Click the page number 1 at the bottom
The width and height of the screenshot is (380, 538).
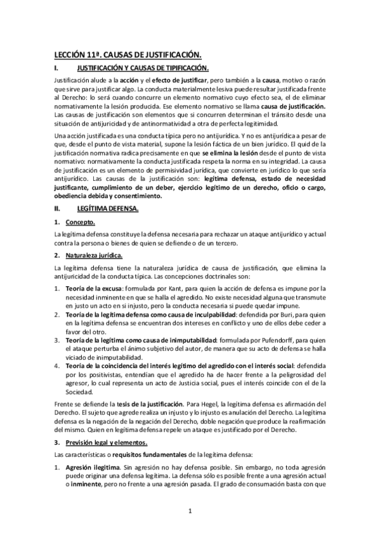190,510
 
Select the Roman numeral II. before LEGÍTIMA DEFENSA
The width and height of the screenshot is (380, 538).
57,207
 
